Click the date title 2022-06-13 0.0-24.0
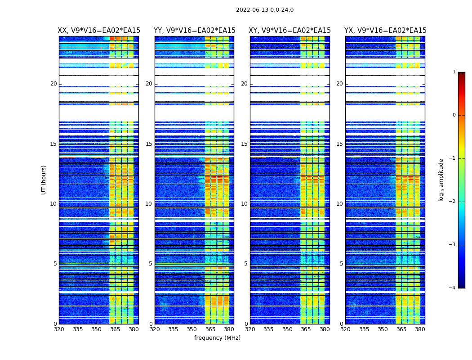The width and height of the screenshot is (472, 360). (265, 10)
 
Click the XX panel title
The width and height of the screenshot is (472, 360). (99, 31)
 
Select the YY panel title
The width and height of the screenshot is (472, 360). (195, 31)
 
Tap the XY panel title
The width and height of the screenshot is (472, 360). (290, 31)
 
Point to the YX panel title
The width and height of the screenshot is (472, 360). (385, 31)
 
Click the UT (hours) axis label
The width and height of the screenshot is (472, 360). (44, 180)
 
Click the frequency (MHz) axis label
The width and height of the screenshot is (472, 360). (217, 338)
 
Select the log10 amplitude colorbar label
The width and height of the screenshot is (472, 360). (441, 180)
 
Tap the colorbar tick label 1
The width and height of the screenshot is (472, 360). (454, 72)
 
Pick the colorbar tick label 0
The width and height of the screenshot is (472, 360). (454, 115)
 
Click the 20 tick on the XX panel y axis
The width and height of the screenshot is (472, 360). (53, 84)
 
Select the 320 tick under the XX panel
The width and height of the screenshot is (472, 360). (59, 329)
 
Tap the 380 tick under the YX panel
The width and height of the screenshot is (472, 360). (420, 329)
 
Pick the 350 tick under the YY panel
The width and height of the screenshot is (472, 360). (192, 329)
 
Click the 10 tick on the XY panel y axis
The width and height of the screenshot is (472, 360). (244, 204)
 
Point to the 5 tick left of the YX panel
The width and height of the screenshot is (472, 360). (341, 264)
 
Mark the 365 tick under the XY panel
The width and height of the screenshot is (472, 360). (306, 329)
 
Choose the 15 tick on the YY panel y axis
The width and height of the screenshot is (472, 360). (149, 144)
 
